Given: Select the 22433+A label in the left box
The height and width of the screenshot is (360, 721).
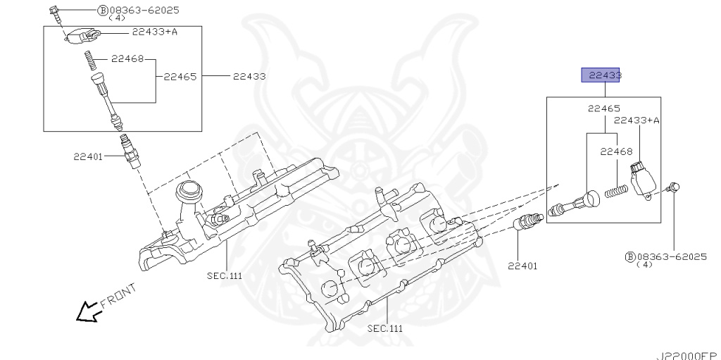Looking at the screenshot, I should (x=154, y=32).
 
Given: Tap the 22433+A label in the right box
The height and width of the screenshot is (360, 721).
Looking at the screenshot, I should (x=637, y=120).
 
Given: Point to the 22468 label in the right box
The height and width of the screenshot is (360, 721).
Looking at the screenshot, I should (x=616, y=151).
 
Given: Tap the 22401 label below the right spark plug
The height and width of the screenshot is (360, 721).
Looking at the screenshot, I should (x=522, y=266).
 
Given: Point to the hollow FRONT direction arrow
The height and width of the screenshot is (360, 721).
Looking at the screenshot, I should (x=87, y=311).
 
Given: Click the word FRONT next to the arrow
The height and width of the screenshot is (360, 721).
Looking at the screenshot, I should (x=118, y=295).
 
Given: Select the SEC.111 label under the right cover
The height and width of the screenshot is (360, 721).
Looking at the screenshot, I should (x=386, y=328).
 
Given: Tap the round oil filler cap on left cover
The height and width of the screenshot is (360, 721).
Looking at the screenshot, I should (x=189, y=190).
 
